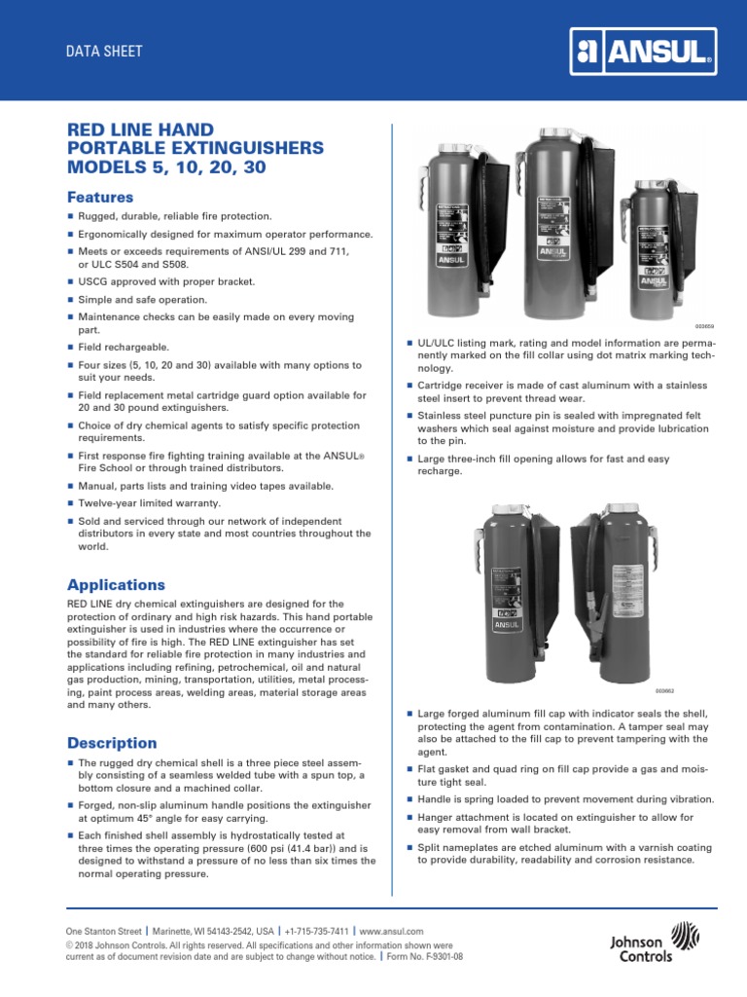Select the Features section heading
[99, 198]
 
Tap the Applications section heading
[116, 585]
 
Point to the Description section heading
[111, 743]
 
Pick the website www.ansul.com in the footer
[391, 932]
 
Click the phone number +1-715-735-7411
[317, 932]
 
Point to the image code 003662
[691, 691]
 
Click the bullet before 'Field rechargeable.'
[70, 348]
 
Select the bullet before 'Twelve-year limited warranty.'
[70, 503]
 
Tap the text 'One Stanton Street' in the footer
[103, 932]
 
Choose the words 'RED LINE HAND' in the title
[139, 129]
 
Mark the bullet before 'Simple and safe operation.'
[70, 300]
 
